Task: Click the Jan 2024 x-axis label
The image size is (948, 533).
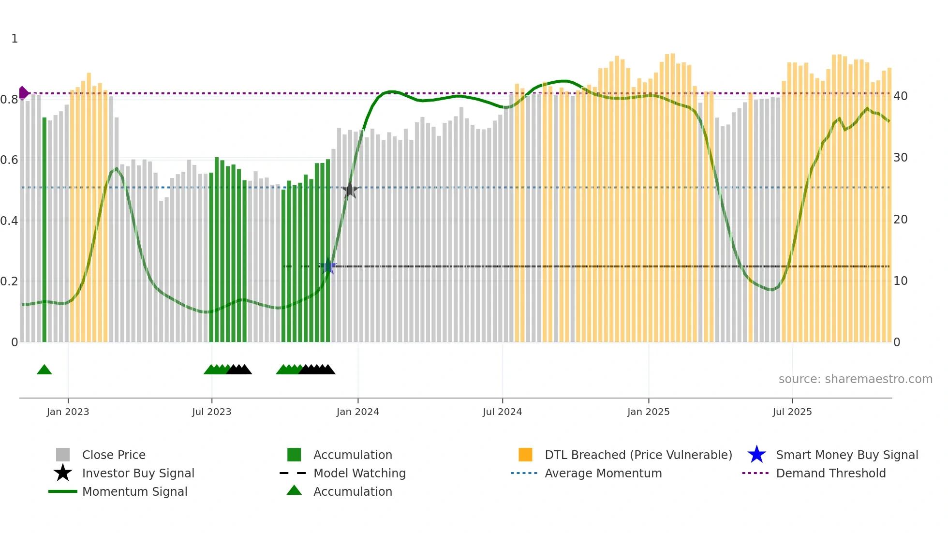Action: tap(357, 412)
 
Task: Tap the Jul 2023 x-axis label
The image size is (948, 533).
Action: tap(211, 412)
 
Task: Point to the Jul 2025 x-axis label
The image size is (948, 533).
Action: tap(792, 412)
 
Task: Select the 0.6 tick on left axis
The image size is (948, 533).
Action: tap(9, 160)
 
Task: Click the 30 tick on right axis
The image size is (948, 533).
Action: tap(900, 158)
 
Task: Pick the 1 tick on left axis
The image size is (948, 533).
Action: tap(15, 39)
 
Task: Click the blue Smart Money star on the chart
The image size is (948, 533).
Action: tap(328, 266)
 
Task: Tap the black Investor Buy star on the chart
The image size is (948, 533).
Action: tap(350, 190)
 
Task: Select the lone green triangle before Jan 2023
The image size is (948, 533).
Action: tap(44, 370)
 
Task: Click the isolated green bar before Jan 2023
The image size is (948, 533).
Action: tap(44, 230)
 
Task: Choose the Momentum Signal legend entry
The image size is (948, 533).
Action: tap(134, 491)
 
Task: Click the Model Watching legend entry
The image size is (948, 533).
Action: tap(359, 473)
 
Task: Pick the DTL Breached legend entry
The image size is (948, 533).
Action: tap(638, 455)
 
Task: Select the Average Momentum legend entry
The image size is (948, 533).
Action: tap(603, 473)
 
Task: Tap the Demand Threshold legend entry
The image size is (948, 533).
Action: tap(830, 473)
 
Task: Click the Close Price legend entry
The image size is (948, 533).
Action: tap(114, 455)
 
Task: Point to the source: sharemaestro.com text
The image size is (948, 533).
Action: tap(855, 379)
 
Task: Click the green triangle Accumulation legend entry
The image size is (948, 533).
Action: tap(352, 491)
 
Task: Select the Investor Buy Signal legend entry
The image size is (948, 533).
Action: tap(138, 473)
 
